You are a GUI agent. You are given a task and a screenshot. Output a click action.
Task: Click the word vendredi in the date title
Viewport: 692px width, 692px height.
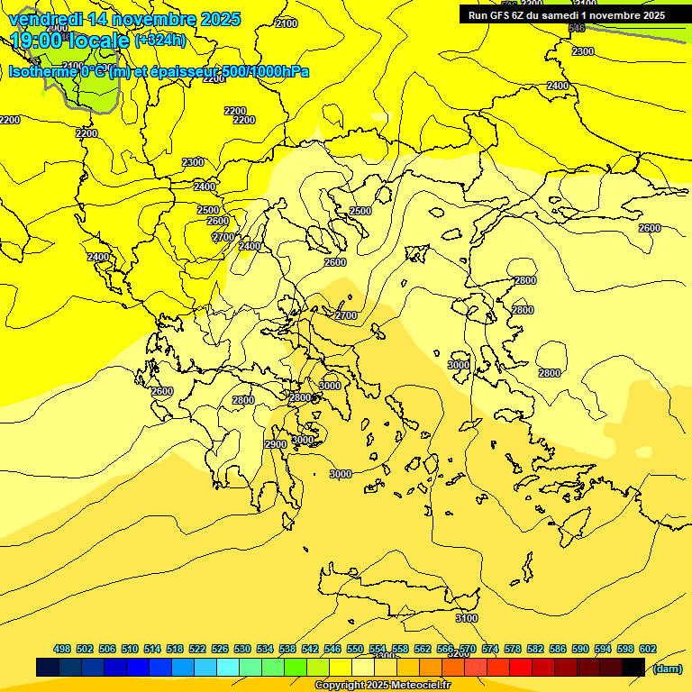[46, 19]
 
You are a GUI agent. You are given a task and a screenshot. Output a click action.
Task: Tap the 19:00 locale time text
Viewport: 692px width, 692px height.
[69, 40]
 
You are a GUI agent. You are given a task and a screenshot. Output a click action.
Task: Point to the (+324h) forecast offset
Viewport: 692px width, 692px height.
[160, 40]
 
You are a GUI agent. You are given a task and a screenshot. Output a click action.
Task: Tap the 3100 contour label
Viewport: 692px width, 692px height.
[467, 618]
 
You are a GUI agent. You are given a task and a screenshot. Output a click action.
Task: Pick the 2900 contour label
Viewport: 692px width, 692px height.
[276, 444]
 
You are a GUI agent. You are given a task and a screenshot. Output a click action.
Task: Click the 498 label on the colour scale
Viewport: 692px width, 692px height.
[62, 649]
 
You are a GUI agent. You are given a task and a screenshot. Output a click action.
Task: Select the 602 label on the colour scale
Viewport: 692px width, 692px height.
[648, 649]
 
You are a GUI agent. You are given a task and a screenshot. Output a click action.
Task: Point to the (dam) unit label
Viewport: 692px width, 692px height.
[667, 668]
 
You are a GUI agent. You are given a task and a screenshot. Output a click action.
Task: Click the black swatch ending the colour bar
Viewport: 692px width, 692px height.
[633, 667]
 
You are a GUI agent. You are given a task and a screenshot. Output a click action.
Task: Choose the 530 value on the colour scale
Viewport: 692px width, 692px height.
[242, 649]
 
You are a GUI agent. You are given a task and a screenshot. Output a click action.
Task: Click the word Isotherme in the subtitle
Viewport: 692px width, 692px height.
[44, 72]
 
